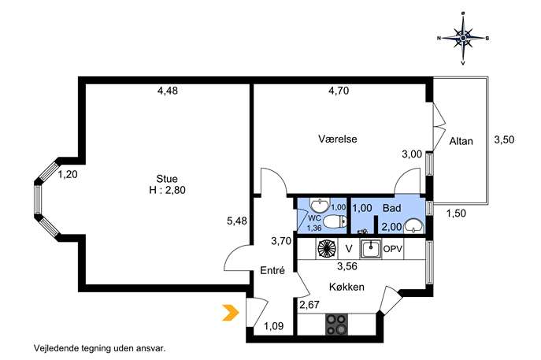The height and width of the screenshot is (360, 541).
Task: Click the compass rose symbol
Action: coord(463,38)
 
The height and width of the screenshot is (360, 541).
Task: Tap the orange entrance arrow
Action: coord(231,313)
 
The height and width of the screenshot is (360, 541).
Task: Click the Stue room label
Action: coord(167,179)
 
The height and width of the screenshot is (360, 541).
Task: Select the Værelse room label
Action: coord(337,139)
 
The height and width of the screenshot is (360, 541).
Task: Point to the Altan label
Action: coord(461,141)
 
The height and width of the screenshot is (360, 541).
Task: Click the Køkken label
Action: coord(346,287)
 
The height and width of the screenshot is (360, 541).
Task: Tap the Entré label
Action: coord(272,271)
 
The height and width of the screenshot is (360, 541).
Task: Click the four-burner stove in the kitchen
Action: coord(336,325)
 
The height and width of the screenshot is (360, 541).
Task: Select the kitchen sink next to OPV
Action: coord(371,249)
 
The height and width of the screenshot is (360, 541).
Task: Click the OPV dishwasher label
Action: coord(393,248)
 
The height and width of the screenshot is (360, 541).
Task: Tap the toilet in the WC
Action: coord(335,221)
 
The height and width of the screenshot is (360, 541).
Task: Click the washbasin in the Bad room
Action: coord(413,226)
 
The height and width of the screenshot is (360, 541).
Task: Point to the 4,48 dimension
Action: coord(168,91)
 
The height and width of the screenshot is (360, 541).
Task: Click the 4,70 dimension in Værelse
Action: coord(339,91)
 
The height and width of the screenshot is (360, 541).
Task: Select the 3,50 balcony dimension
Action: coord(504,139)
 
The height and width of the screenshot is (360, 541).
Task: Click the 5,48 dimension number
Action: coord(237,221)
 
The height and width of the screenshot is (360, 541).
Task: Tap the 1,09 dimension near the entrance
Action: coord(274,326)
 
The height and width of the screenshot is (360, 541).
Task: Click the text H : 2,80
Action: coord(167,190)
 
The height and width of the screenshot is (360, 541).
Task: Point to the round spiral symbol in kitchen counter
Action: coord(326,248)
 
